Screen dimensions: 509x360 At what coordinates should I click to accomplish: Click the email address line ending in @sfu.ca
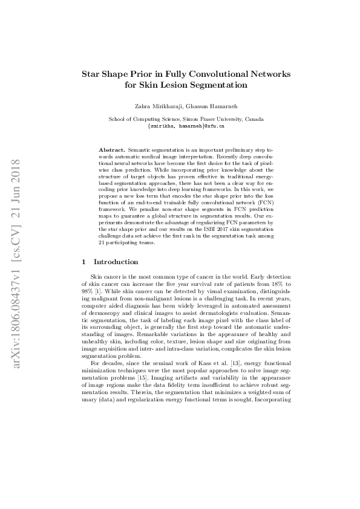(x=186, y=126)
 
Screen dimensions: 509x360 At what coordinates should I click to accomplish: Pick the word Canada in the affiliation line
(x=253, y=119)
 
